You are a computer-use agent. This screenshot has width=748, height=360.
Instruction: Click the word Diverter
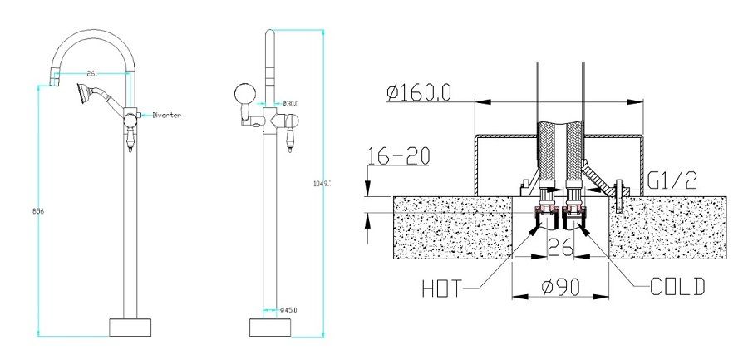pos(165,115)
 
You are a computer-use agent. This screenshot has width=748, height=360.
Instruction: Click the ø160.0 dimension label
pos(419,92)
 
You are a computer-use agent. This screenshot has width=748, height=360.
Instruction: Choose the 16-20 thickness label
pos(391,155)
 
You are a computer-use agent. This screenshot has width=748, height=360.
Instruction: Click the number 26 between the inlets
pos(558,247)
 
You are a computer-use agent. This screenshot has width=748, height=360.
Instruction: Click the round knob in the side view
pos(244,93)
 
